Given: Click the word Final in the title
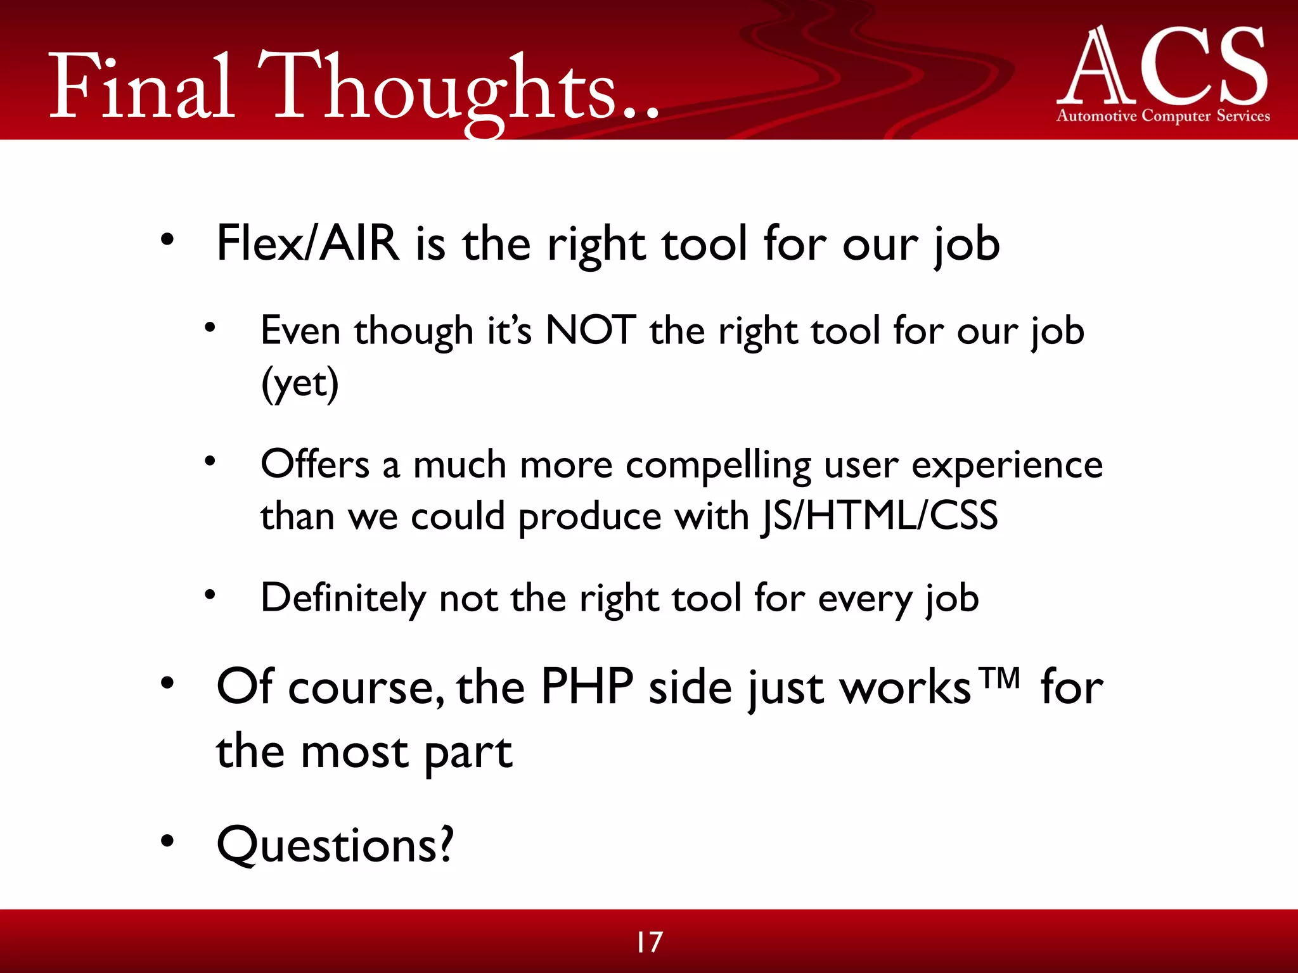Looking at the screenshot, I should pyautogui.click(x=142, y=89).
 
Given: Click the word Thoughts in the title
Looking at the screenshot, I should pyautogui.click(x=444, y=89).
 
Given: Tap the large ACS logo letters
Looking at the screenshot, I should pyautogui.click(x=1164, y=67).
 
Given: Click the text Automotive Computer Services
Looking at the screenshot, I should pyautogui.click(x=1164, y=116).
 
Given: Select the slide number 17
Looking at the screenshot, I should pyautogui.click(x=649, y=942).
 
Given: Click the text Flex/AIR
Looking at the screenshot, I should pyautogui.click(x=308, y=244).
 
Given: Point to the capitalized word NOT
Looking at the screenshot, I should pyautogui.click(x=591, y=331).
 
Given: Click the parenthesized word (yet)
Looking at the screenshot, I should pyautogui.click(x=300, y=383).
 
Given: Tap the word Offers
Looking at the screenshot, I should pyautogui.click(x=315, y=464).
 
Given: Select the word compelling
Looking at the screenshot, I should pyautogui.click(x=718, y=466).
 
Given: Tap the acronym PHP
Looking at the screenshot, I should pyautogui.click(x=587, y=687).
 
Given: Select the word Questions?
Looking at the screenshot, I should pyautogui.click(x=335, y=845).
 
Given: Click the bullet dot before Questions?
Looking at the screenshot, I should pyautogui.click(x=167, y=841).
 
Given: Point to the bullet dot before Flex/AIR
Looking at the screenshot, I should pyautogui.click(x=167, y=240).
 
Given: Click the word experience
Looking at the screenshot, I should pyautogui.click(x=1007, y=466).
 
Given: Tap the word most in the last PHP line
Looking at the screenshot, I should pyautogui.click(x=354, y=753).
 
